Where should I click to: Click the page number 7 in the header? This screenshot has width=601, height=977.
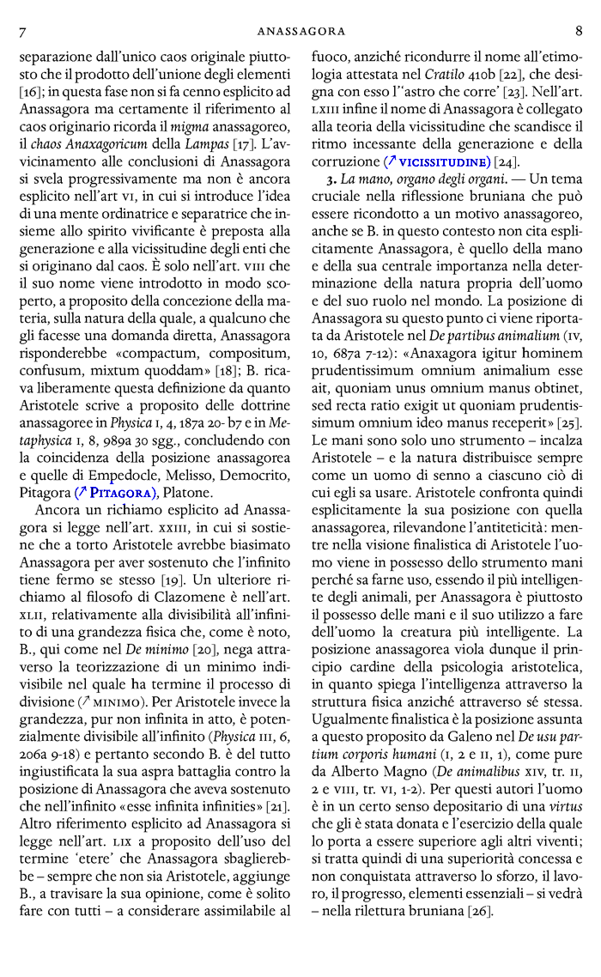coord(22,32)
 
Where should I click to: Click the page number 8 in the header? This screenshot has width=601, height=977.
coord(579,32)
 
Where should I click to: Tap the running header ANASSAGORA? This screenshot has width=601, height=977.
coord(300,32)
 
